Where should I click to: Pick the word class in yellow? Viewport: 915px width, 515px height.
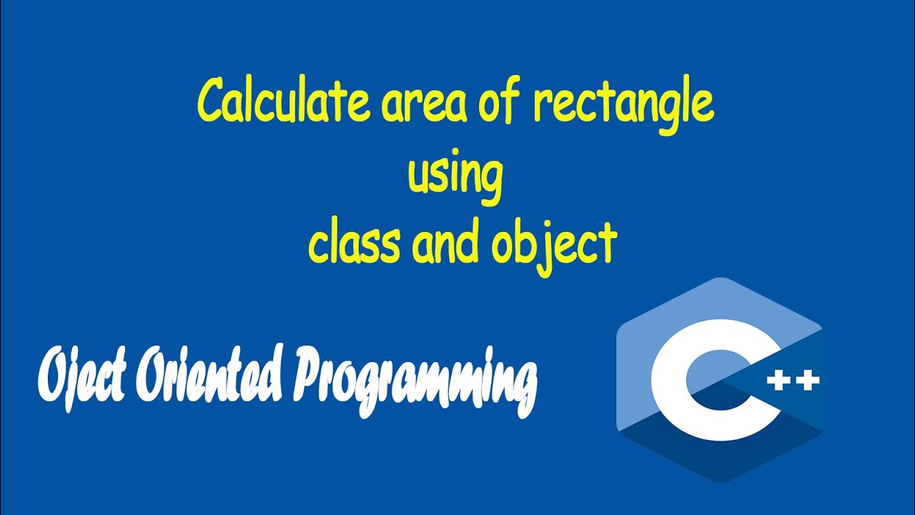[x=354, y=243]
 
